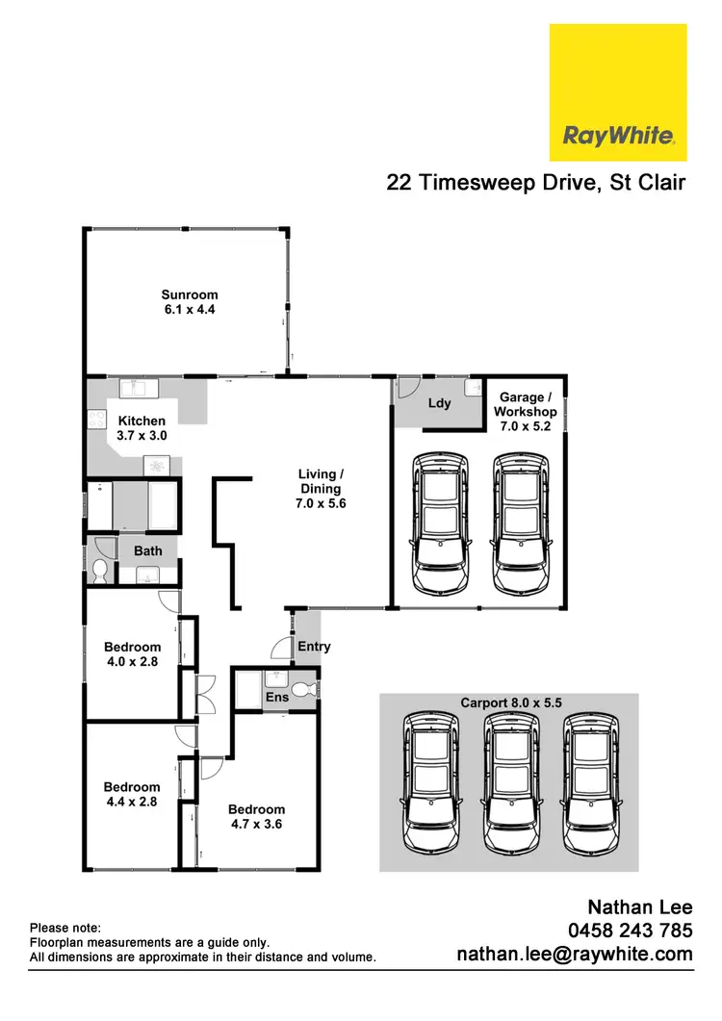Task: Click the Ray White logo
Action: click(617, 92)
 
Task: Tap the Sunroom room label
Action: click(189, 302)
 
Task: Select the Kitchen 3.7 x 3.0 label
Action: click(142, 428)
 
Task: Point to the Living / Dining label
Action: click(318, 489)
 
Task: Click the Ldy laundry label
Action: click(438, 403)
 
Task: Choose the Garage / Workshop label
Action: click(525, 412)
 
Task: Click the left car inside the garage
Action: click(440, 523)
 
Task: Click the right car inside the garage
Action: click(521, 523)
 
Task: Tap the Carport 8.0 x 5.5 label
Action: click(508, 702)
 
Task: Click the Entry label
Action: click(314, 647)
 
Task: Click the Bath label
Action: click(147, 551)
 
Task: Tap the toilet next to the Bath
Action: click(99, 572)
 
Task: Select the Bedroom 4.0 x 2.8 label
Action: click(132, 654)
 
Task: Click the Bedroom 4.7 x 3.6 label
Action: click(257, 816)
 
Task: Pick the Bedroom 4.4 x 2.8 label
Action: click(132, 794)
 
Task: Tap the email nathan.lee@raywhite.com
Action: click(574, 955)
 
